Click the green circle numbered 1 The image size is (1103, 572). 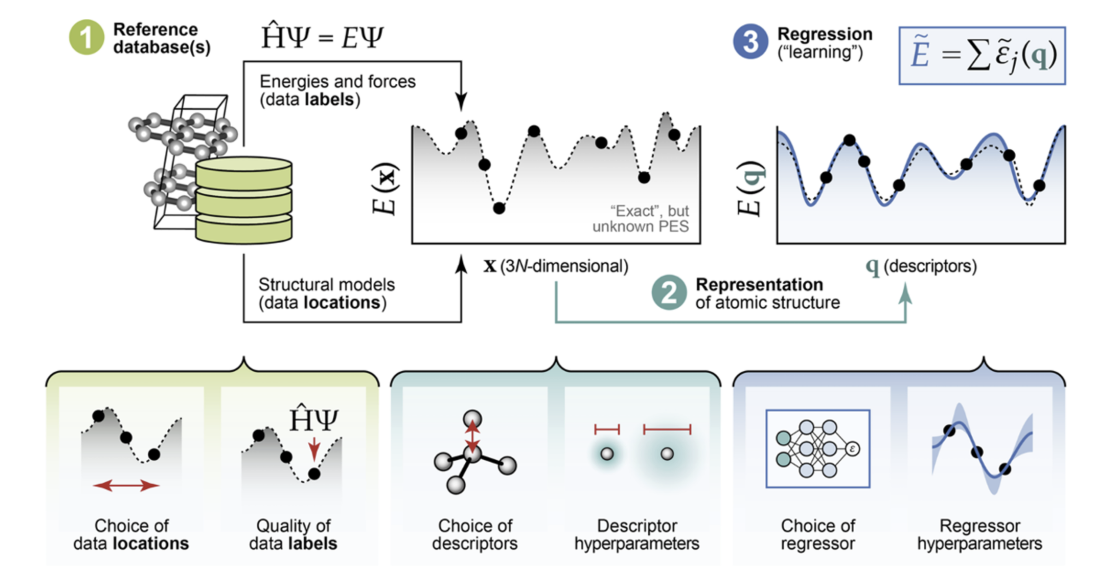click(86, 38)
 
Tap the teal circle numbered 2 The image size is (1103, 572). click(669, 292)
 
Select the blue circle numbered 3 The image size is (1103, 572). click(750, 42)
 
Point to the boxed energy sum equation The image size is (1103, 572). click(982, 56)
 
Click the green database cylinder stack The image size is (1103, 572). click(244, 200)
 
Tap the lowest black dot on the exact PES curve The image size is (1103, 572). click(499, 208)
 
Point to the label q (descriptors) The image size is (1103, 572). click(921, 266)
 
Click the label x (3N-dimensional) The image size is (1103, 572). click(555, 266)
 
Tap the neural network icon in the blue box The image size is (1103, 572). click(817, 449)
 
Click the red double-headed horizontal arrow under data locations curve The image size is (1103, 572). click(126, 485)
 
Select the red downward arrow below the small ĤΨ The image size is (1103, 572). click(314, 449)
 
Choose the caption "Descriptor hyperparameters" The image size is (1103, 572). click(637, 534)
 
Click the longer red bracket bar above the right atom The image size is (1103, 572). click(667, 429)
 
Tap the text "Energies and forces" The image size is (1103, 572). click(337, 82)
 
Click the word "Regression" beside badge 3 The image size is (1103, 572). click(824, 34)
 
